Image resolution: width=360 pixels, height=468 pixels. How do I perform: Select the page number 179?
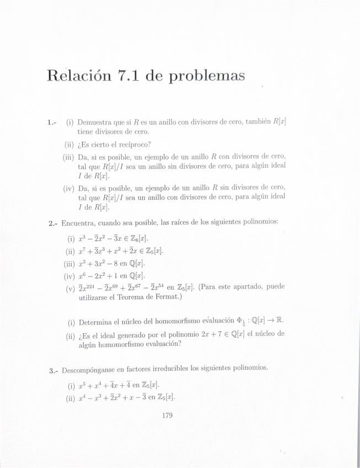pos(168,416)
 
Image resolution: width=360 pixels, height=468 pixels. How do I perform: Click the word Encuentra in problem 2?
pos(81,223)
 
